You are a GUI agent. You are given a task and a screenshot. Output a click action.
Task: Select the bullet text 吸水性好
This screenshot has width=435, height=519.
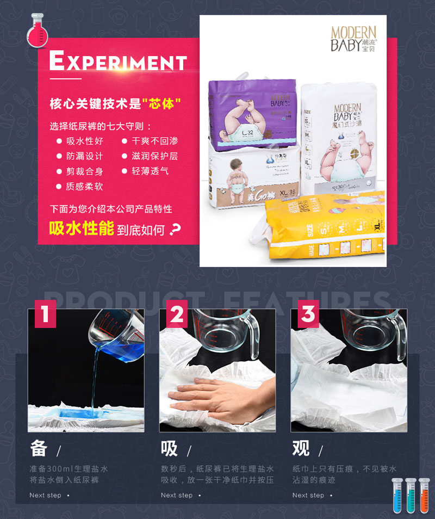pyautogui.click(x=84, y=141)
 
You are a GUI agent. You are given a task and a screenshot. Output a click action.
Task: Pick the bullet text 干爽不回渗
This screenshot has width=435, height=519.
pyautogui.click(x=155, y=141)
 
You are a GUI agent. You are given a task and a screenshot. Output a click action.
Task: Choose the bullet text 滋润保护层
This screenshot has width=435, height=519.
pyautogui.click(x=155, y=156)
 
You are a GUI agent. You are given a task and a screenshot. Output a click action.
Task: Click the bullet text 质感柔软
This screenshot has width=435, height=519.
pyautogui.click(x=84, y=187)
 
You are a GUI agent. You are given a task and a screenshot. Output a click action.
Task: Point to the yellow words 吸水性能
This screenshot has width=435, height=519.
pyautogui.click(x=82, y=228)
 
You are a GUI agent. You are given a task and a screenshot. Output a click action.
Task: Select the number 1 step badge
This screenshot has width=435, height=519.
pyautogui.click(x=45, y=314)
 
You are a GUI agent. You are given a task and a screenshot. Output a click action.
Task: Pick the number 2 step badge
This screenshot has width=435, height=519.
pyautogui.click(x=177, y=314)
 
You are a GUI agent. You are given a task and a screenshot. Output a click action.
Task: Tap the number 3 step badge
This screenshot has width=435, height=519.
pyautogui.click(x=308, y=314)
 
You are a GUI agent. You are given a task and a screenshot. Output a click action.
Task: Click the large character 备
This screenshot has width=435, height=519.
pyautogui.click(x=39, y=448)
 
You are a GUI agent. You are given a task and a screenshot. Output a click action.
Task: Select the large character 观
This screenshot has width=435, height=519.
pyautogui.click(x=301, y=448)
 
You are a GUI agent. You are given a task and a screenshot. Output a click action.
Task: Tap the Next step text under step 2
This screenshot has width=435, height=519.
pyautogui.click(x=177, y=495)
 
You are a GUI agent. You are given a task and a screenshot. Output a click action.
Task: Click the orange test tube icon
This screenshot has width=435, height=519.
pyautogui.click(x=424, y=496)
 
